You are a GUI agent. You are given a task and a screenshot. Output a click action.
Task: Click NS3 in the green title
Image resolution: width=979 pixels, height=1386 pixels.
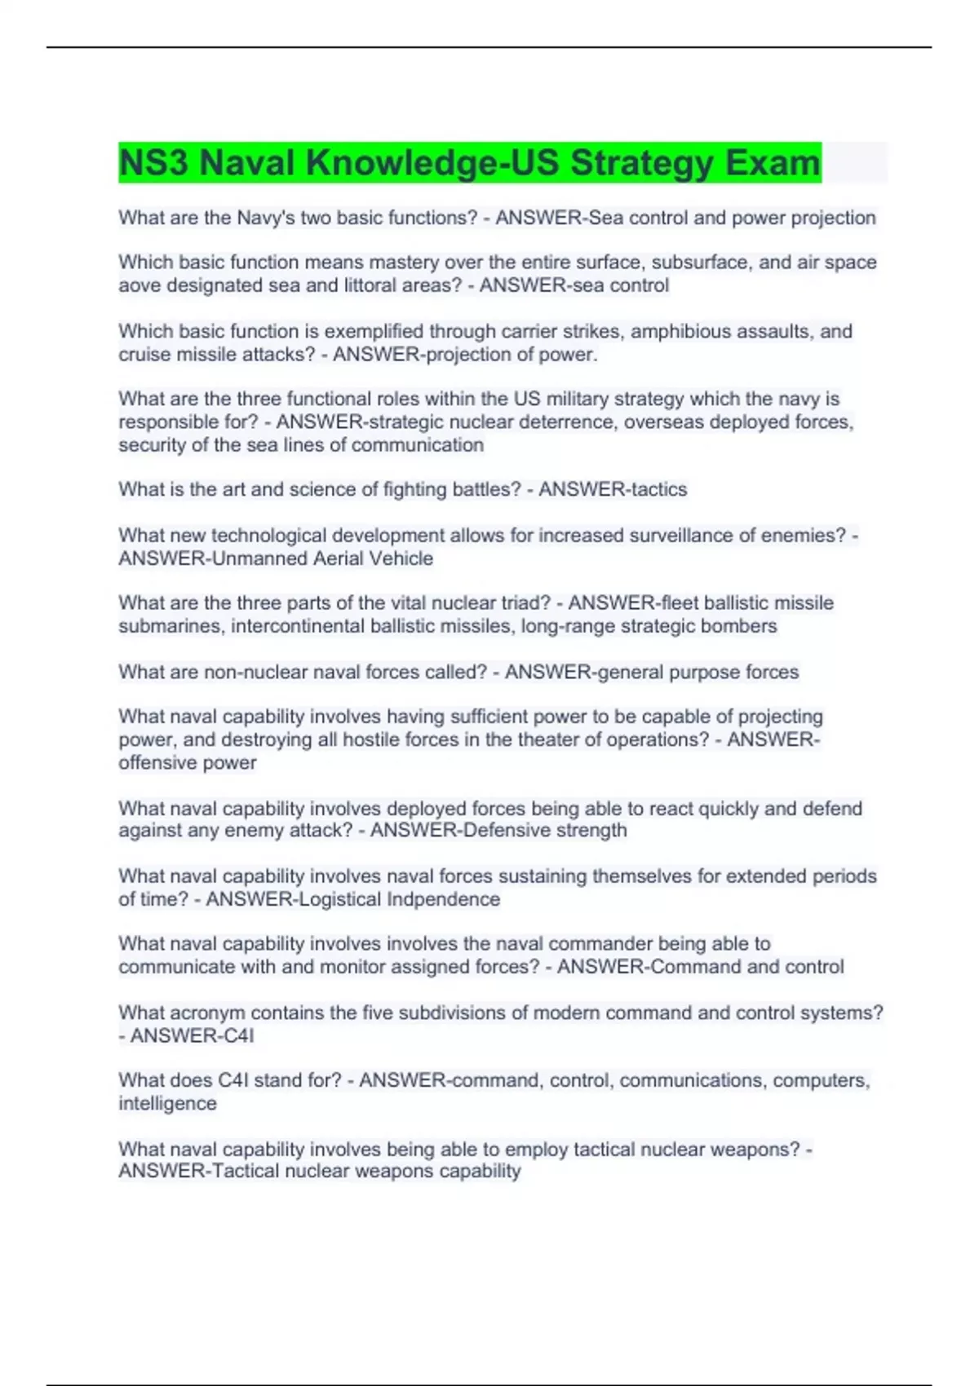point(153,162)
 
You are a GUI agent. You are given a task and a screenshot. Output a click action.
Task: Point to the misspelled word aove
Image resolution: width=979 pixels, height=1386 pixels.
point(140,285)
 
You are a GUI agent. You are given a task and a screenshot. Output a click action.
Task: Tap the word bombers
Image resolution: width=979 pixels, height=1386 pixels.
point(742,626)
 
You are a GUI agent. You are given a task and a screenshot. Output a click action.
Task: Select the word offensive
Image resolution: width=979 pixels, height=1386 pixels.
point(153,762)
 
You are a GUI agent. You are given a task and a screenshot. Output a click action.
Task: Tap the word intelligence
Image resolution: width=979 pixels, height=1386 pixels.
point(167,1103)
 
